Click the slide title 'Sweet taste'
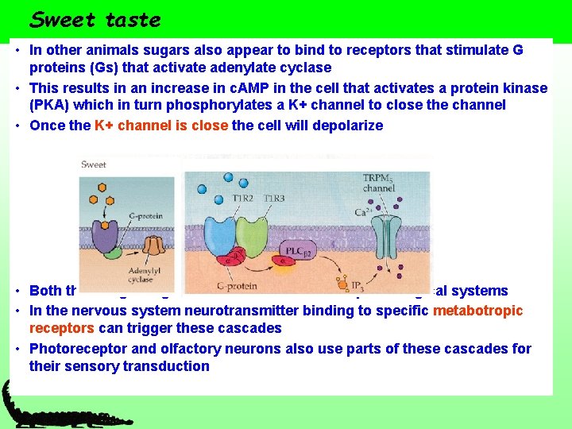tap(95, 19)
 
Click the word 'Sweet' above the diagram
tap(94, 164)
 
